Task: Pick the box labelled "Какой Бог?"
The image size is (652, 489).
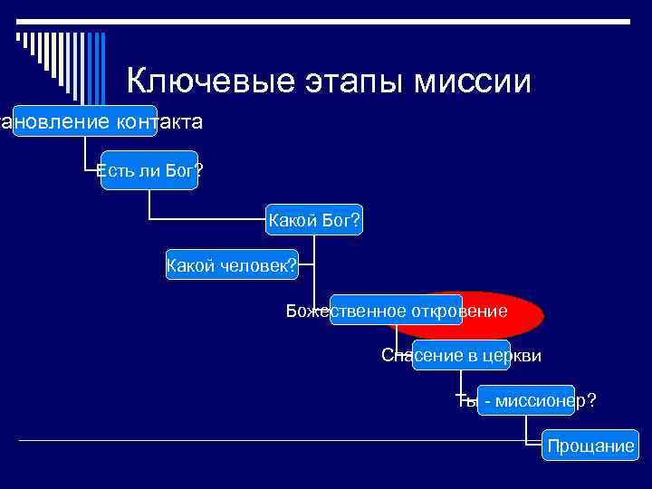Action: tap(313, 220)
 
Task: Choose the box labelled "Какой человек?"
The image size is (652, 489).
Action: tap(232, 265)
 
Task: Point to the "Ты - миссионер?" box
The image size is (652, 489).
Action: tap(525, 400)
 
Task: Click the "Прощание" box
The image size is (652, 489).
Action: tap(590, 446)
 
